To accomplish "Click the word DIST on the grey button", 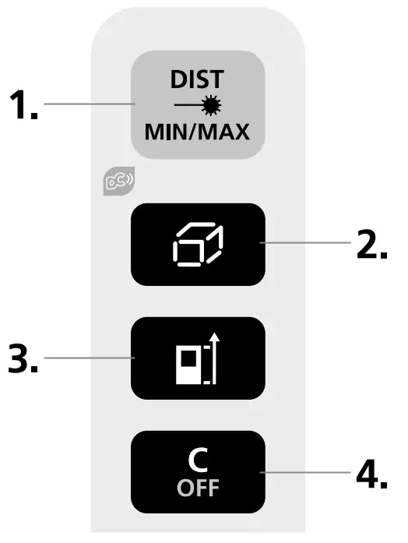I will (198, 78).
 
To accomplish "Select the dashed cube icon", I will (198, 245).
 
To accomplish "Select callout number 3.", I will (23, 358).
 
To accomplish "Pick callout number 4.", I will (371, 473).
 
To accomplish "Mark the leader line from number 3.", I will (90, 358).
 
